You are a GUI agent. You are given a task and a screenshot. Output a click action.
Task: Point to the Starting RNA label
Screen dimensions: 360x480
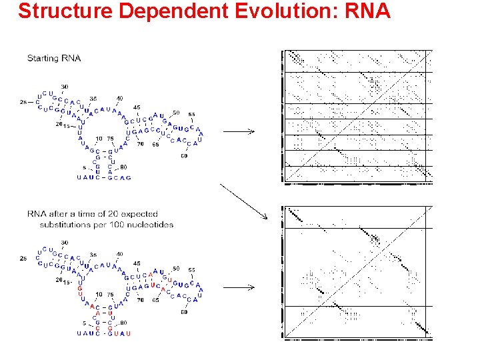tap(54, 58)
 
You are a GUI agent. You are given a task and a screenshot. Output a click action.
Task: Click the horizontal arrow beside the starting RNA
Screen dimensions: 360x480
tap(239, 132)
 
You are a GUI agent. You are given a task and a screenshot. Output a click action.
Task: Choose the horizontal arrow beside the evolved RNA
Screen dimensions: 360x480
tap(239, 287)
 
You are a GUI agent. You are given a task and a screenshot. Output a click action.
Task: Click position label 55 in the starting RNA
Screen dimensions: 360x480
tap(192, 114)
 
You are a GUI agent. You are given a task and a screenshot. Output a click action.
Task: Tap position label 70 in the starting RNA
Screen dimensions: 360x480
tap(141, 143)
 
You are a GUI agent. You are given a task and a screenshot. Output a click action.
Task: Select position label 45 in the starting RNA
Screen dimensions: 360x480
tap(137, 107)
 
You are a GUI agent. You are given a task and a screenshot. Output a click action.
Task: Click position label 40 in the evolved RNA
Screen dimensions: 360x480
tap(119, 254)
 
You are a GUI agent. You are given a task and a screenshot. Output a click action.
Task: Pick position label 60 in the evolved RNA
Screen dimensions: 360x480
tap(184, 311)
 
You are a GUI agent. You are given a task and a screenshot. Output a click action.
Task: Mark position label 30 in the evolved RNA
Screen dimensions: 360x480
tap(65, 242)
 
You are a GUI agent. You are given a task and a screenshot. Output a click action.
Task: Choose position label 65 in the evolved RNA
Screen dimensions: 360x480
tap(155, 300)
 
